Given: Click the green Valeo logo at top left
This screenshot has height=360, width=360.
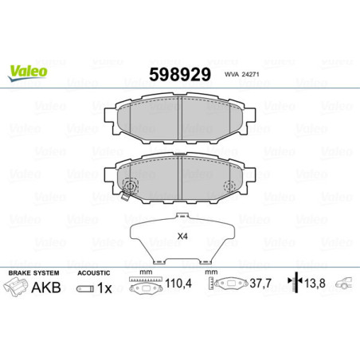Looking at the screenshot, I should point(29,71).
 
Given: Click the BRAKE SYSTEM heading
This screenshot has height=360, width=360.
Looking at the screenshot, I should point(30,272).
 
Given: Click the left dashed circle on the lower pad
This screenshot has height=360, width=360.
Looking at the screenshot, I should point(131,187).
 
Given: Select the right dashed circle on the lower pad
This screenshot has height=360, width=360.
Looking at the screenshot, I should point(230,187).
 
